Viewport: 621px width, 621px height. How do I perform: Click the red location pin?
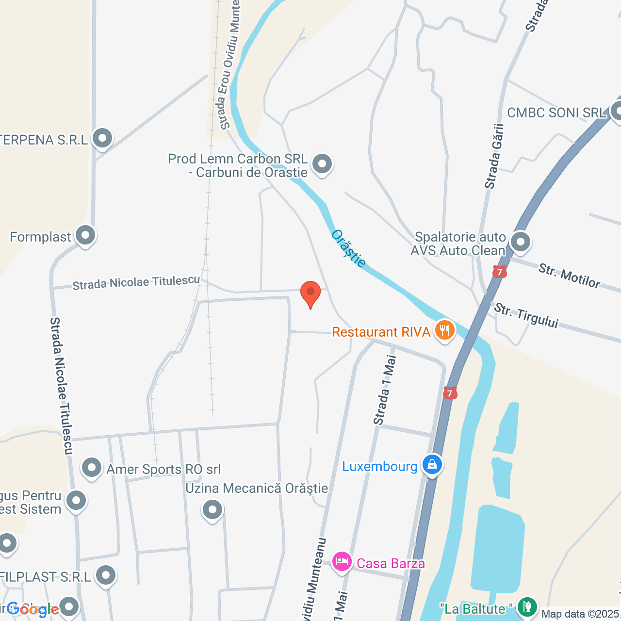(310, 293)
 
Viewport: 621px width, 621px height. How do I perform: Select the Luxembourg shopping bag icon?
(432, 465)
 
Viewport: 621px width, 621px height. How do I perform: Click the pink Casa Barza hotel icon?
(342, 562)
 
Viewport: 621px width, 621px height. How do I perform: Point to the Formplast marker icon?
(86, 236)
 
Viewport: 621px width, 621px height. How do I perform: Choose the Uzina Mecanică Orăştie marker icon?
(212, 509)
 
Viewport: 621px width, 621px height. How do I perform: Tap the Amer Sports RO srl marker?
(92, 468)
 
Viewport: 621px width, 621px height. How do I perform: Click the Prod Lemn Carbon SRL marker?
(322, 164)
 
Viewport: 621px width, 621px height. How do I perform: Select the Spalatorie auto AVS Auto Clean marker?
(521, 242)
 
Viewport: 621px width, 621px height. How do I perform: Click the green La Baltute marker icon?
(526, 606)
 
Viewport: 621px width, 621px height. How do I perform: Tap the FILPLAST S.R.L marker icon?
(106, 575)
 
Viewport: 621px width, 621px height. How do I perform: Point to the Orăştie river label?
(348, 248)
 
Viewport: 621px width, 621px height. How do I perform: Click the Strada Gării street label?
(494, 156)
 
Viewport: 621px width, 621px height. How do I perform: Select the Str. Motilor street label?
(569, 276)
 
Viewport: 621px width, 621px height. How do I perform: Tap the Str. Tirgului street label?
(526, 315)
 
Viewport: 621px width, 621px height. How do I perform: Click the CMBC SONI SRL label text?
(556, 113)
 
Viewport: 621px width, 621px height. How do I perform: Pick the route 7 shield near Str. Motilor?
(499, 272)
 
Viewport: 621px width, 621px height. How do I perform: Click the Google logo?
(33, 609)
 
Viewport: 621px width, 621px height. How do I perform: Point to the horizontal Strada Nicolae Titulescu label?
(136, 283)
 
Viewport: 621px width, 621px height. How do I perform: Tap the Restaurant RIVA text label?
(381, 332)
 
